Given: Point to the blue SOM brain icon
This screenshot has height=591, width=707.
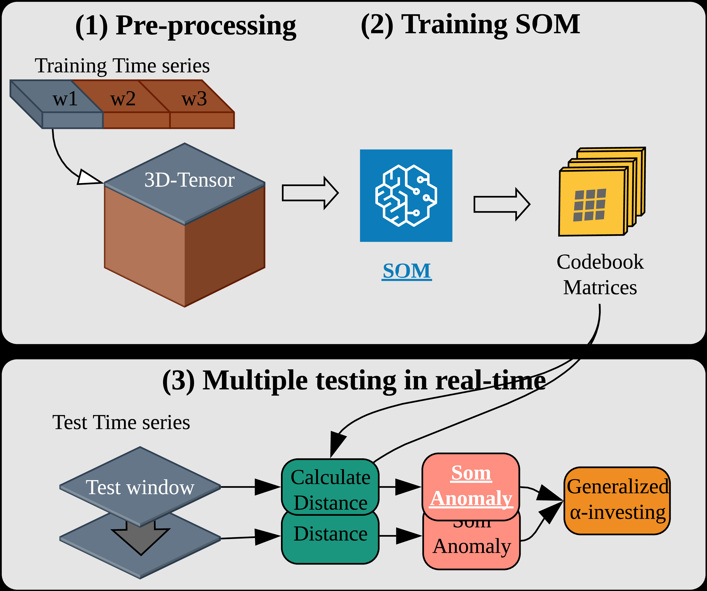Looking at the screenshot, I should pyautogui.click(x=406, y=196).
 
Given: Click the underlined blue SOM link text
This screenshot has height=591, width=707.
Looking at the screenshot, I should pyautogui.click(x=407, y=271).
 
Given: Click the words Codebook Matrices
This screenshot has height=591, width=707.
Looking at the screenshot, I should pyautogui.click(x=600, y=275).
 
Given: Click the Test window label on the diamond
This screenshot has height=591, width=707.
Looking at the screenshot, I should pyautogui.click(x=140, y=487).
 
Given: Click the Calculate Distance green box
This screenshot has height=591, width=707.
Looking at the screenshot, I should pyautogui.click(x=330, y=487).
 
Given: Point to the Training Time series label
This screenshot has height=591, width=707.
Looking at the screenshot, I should pyautogui.click(x=122, y=66).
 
